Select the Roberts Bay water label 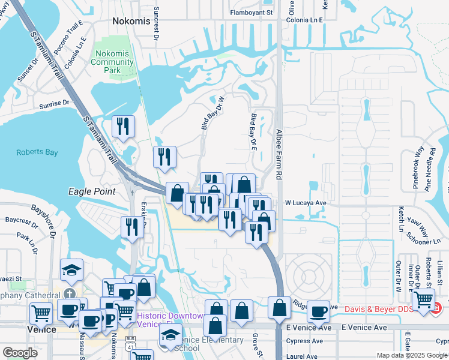pos(37,152)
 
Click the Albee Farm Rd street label pos(279,154)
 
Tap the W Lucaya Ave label pos(305,203)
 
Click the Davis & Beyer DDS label pos(381,310)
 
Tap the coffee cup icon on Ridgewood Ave pos(318,311)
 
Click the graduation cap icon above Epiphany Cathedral pos(71,269)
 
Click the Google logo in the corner pos(20,353)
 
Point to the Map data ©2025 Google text pos(411,355)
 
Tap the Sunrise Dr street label pos(55,104)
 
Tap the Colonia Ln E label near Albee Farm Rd pos(304,20)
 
